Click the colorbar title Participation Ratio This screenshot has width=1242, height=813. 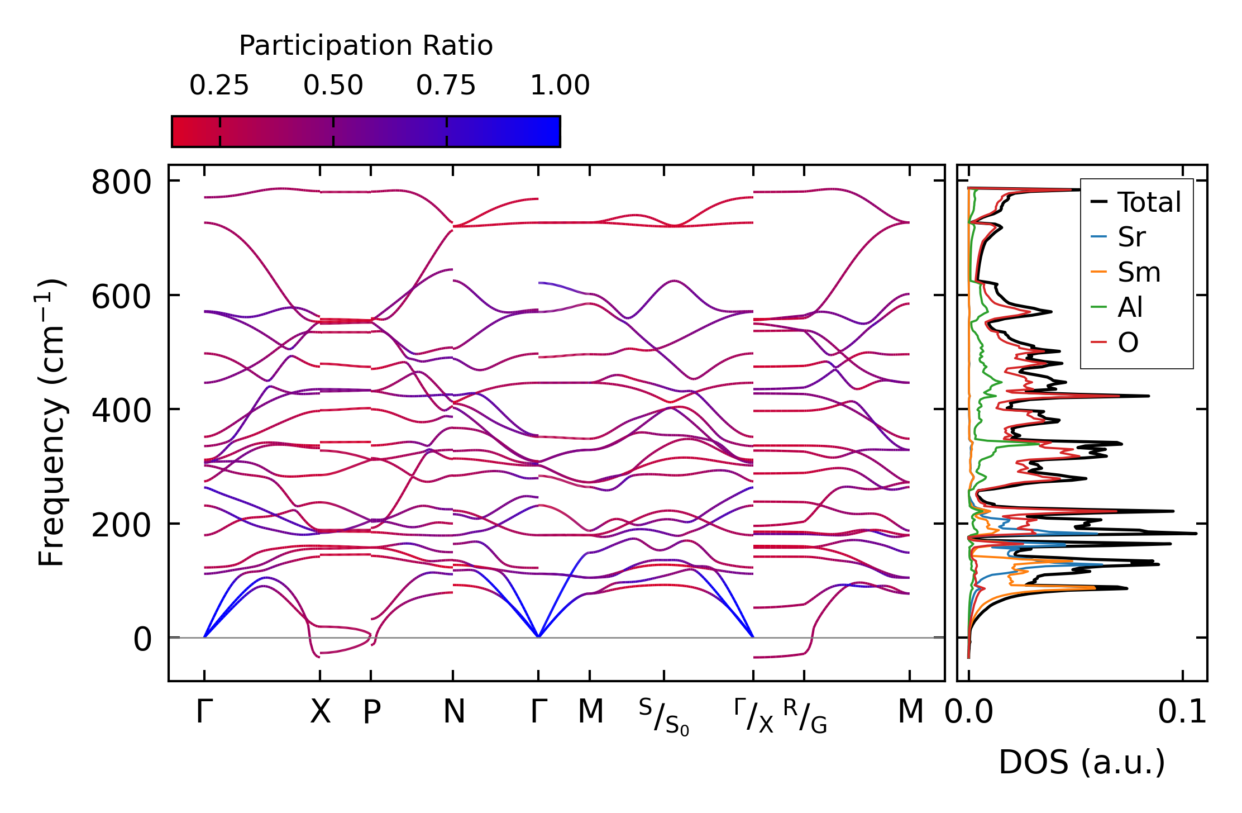[366, 45]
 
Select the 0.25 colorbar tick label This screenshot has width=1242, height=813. [219, 85]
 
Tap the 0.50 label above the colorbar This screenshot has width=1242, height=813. [333, 85]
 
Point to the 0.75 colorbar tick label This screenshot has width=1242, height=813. [446, 85]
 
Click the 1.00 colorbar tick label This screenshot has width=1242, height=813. [560, 85]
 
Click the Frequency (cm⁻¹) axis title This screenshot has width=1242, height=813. [51, 422]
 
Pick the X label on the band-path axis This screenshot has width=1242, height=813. [320, 712]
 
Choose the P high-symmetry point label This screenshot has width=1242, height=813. [371, 712]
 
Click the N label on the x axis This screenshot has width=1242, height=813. [453, 712]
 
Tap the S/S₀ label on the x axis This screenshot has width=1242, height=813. [664, 717]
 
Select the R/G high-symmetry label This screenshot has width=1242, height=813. [804, 716]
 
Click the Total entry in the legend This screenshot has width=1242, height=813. [1149, 202]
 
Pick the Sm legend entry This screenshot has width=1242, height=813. [1139, 272]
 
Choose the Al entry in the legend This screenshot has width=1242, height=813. [1130, 307]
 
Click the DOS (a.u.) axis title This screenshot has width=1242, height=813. [1082, 762]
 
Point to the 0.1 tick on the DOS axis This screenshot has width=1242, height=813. [1182, 712]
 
